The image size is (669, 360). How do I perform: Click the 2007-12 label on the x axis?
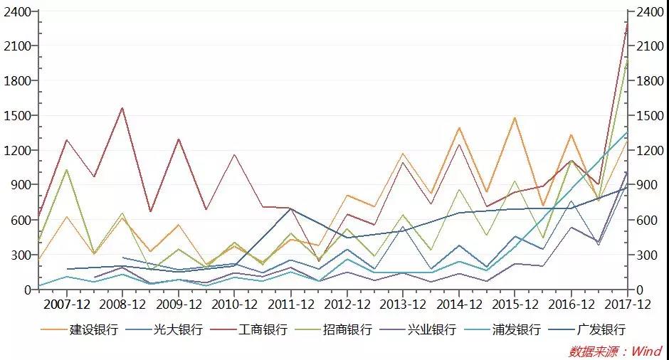[66, 304]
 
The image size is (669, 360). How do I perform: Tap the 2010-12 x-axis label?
[235, 304]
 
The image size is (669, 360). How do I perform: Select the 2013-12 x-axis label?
[403, 304]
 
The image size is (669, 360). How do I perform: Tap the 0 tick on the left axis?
[28, 290]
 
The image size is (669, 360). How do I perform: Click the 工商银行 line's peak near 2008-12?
[122, 107]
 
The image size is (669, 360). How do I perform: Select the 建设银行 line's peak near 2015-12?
[515, 117]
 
